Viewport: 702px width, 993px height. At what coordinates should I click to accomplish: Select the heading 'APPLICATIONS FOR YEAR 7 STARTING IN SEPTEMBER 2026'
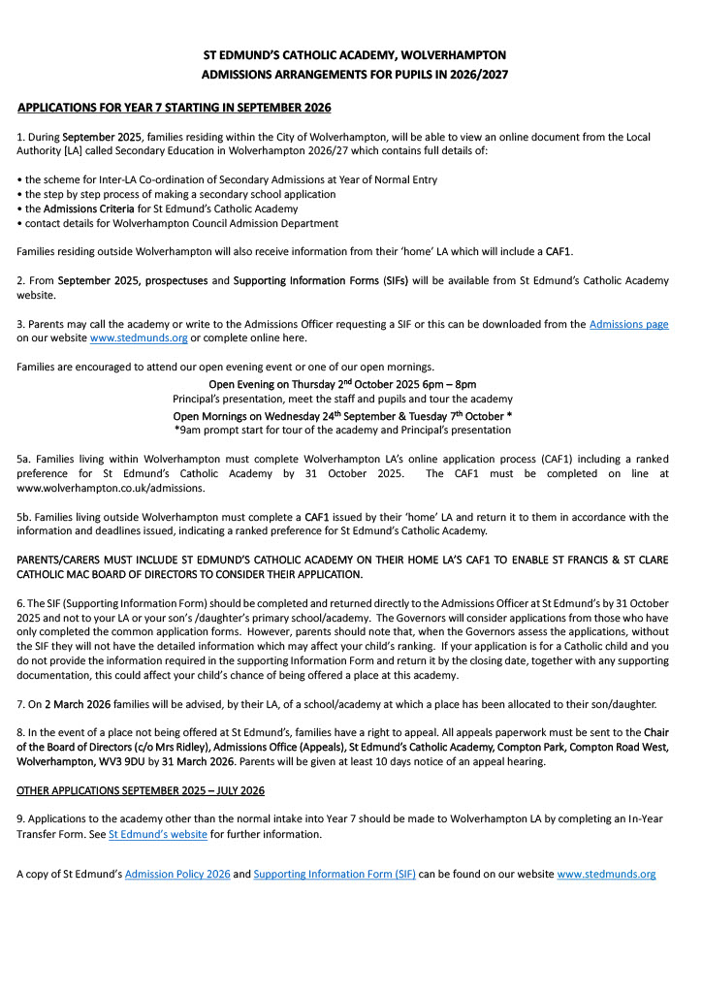pyautogui.click(x=175, y=107)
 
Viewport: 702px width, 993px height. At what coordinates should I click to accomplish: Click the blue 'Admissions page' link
pyautogui.click(x=628, y=324)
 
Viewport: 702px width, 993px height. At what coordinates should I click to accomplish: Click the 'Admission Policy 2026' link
pyautogui.click(x=177, y=874)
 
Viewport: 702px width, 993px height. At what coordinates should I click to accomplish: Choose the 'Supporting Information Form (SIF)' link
pyautogui.click(x=335, y=874)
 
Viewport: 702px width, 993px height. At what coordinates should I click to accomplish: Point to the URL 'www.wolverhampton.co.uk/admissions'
pyautogui.click(x=98, y=488)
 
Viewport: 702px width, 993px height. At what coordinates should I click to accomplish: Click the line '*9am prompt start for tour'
pyautogui.click(x=342, y=430)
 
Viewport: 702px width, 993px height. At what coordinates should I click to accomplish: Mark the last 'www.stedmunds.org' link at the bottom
pyautogui.click(x=606, y=874)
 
